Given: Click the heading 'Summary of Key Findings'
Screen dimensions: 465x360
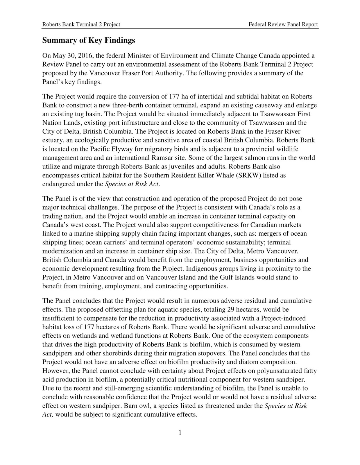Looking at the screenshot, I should [89, 40].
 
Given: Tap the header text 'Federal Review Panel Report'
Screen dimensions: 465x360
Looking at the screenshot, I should [283, 24].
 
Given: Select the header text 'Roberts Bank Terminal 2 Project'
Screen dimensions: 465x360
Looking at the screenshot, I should [81, 24].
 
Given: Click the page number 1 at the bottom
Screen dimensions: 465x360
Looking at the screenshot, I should [180, 433].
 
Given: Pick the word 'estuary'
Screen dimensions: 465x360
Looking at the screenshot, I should [53, 140].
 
